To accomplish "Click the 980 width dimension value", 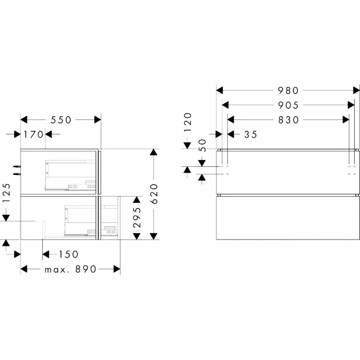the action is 288,91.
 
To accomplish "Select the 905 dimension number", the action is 288,105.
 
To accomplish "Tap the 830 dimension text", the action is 289,120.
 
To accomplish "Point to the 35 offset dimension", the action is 251,134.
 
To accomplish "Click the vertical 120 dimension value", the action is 188,122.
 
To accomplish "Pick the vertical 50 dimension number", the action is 202,145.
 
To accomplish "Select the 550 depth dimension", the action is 61,120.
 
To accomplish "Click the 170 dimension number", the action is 34,134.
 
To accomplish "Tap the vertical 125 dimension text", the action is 6,193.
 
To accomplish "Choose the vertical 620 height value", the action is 154,194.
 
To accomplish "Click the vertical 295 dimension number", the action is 137,218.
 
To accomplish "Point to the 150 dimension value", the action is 69,254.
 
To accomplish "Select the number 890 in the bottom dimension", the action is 86,269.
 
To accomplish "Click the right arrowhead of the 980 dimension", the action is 357,91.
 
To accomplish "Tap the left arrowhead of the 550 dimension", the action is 24,120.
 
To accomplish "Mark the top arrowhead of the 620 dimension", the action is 154,152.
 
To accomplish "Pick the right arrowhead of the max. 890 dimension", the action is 117,269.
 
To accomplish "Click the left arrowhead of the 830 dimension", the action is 231,120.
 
